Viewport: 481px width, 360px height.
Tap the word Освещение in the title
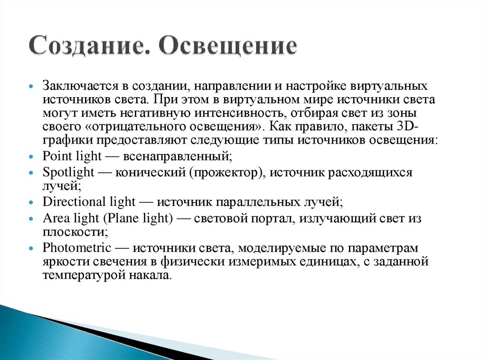coord(228,47)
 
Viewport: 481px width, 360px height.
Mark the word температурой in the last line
coord(80,275)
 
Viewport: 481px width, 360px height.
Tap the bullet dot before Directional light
coord(31,203)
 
